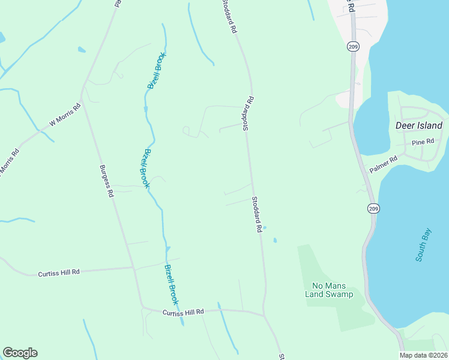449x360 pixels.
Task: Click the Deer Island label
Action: pyautogui.click(x=419, y=126)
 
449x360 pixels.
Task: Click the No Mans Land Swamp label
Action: pyautogui.click(x=333, y=290)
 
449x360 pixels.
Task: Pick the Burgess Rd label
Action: pyautogui.click(x=106, y=181)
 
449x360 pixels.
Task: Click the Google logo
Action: pyautogui.click(x=20, y=353)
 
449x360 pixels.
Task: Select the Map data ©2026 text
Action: pyautogui.click(x=423, y=355)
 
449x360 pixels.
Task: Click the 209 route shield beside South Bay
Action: pyautogui.click(x=373, y=207)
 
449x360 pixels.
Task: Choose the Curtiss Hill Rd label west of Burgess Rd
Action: pyautogui.click(x=59, y=272)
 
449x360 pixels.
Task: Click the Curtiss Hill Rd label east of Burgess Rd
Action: pyautogui.click(x=183, y=311)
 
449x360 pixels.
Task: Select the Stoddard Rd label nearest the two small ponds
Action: pyautogui.click(x=257, y=214)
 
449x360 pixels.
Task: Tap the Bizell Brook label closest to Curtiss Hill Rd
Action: pyautogui.click(x=172, y=284)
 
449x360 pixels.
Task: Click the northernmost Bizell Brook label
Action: pyautogui.click(x=157, y=71)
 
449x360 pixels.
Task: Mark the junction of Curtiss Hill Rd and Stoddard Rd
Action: pyautogui.click(x=263, y=314)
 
